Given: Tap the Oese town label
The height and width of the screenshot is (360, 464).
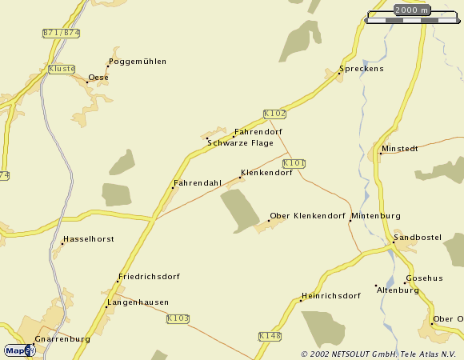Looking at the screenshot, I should click(x=98, y=78).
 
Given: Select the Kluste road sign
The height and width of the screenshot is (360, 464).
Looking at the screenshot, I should click(x=62, y=69).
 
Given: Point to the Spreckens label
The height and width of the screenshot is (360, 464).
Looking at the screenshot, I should click(x=362, y=69).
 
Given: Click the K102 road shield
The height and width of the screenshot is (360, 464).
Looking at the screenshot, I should click(x=274, y=114).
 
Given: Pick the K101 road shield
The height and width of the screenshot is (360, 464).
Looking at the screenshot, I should click(x=294, y=163).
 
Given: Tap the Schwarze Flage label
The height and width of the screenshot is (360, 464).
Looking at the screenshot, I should click(x=240, y=143).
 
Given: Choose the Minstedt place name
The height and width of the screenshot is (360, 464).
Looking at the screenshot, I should click(x=400, y=149).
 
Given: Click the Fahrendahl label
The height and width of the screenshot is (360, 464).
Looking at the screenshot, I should click(x=197, y=183).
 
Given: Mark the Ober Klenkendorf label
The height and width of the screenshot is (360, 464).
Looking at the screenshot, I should click(x=307, y=216).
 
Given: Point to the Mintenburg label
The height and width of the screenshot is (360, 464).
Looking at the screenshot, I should click(x=375, y=216).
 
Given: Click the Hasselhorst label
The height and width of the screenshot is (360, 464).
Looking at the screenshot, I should click(x=89, y=239).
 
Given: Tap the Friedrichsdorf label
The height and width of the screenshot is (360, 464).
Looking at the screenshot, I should click(x=149, y=277).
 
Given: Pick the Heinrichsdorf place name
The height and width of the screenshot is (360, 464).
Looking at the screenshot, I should click(x=330, y=295).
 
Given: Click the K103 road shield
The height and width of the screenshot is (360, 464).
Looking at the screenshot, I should click(x=178, y=318).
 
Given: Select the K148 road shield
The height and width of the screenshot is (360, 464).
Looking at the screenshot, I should click(x=270, y=337).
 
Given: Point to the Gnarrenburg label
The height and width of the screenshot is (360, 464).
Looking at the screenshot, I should click(x=62, y=339).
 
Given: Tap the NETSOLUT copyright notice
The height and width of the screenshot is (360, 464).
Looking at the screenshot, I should click(x=381, y=354).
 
